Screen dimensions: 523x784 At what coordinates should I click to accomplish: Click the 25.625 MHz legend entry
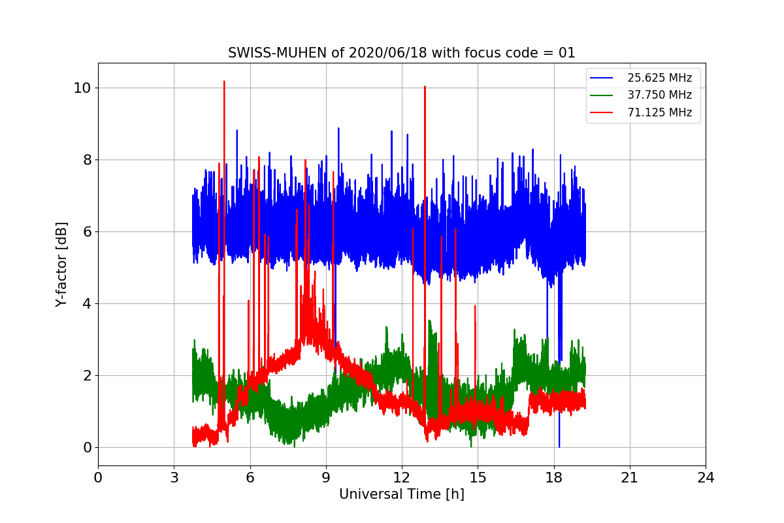tap(659, 78)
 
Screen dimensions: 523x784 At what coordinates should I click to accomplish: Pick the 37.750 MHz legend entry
tap(659, 95)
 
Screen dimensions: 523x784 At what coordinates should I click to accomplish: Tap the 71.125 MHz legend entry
tap(659, 112)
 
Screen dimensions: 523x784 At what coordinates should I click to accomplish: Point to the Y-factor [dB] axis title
tap(61, 264)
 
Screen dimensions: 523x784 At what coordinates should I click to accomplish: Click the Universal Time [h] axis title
tap(401, 494)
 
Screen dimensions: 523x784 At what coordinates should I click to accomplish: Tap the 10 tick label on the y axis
tap(82, 88)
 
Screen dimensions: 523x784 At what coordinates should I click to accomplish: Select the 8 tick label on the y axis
tap(86, 160)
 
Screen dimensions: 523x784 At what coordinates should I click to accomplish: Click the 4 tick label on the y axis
tap(86, 303)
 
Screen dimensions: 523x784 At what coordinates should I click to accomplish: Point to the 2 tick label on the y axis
tap(86, 375)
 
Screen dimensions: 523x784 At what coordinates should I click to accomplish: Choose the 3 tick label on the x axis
tap(174, 477)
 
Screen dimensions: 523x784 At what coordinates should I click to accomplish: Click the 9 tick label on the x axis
tap(326, 477)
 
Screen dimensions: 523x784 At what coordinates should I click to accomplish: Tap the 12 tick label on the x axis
tap(402, 477)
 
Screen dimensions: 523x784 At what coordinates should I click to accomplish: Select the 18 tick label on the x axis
tap(554, 477)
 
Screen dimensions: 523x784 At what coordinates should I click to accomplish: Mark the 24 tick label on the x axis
tap(706, 477)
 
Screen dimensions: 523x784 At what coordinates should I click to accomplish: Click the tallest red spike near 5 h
tap(224, 82)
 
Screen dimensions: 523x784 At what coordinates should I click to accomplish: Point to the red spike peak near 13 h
tap(425, 86)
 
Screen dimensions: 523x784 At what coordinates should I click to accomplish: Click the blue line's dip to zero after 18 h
tap(559, 447)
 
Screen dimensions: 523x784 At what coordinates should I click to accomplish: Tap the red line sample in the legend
tap(602, 112)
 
